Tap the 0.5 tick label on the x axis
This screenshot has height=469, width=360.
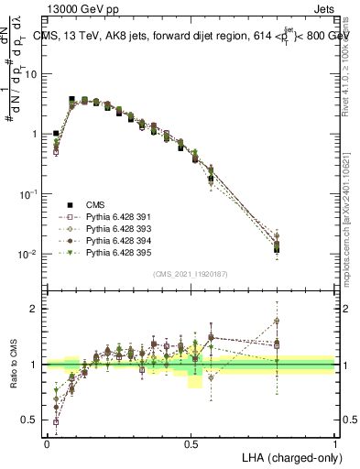[191, 442]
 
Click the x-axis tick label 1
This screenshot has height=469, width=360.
[335, 442]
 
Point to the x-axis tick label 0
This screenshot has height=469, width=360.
[47, 442]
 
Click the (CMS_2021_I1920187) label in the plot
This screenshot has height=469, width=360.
[191, 274]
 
